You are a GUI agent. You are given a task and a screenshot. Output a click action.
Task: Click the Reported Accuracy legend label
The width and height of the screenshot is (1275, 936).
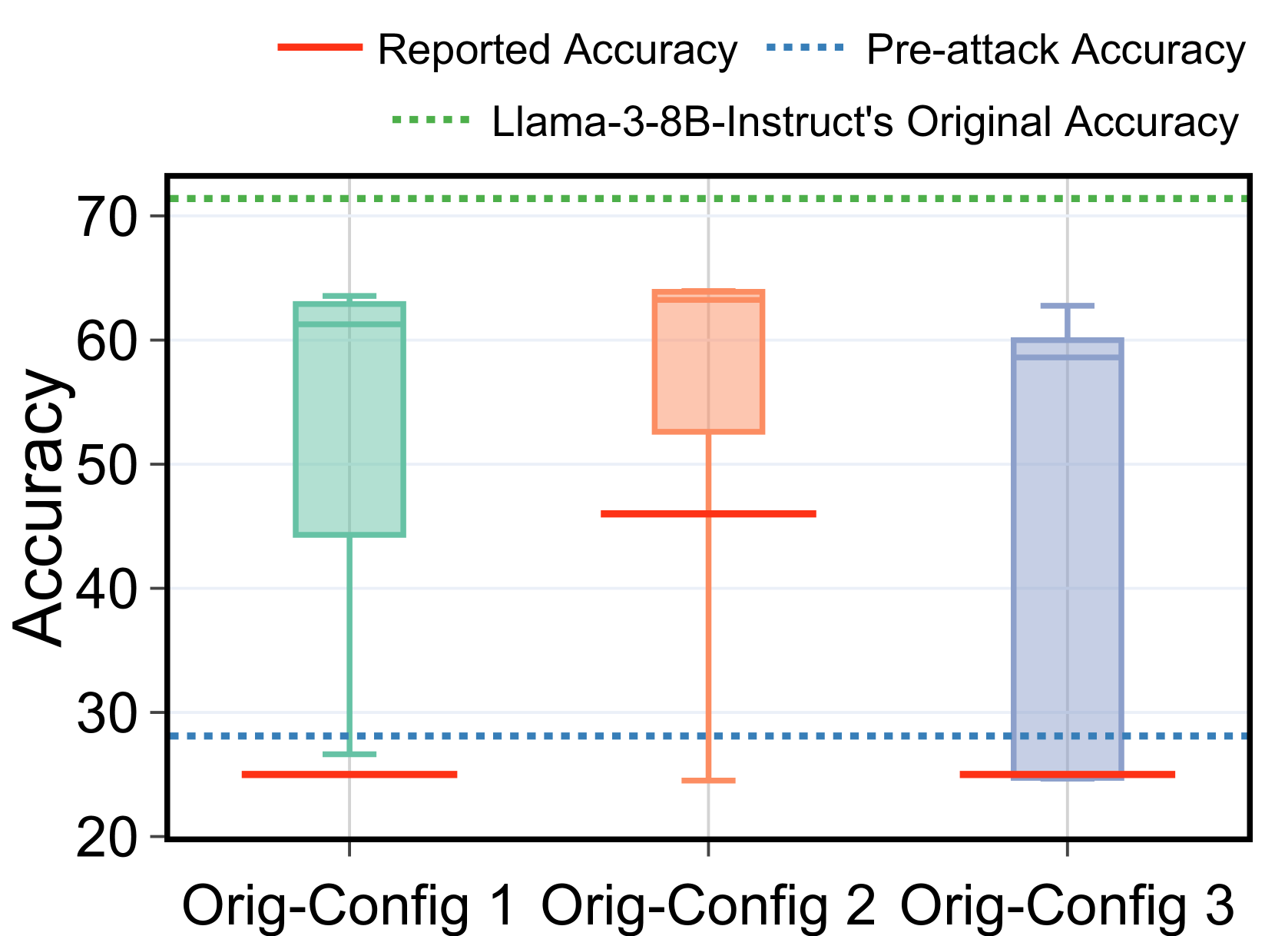pyautogui.click(x=557, y=51)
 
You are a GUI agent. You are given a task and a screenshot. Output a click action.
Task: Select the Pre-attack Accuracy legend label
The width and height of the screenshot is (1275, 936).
pyautogui.click(x=1055, y=51)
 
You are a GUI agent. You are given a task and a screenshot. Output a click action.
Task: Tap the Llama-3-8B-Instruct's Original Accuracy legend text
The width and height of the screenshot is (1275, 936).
pyautogui.click(x=866, y=122)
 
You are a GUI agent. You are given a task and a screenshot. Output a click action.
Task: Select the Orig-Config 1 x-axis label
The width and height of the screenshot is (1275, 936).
pyautogui.click(x=349, y=906)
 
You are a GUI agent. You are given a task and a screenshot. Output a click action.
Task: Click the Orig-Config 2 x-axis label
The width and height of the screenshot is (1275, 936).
pyautogui.click(x=708, y=906)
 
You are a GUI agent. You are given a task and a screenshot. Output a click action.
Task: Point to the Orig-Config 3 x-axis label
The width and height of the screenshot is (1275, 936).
pyautogui.click(x=1067, y=906)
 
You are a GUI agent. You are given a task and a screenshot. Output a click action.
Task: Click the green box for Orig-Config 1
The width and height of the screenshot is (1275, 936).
pyautogui.click(x=349, y=419)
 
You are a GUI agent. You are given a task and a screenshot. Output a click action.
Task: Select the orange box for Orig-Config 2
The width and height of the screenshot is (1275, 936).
pyautogui.click(x=708, y=361)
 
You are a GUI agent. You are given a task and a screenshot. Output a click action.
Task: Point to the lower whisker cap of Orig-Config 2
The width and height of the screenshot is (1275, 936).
pyautogui.click(x=708, y=781)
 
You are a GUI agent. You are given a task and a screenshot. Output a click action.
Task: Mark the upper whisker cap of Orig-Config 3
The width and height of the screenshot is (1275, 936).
pyautogui.click(x=1067, y=306)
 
